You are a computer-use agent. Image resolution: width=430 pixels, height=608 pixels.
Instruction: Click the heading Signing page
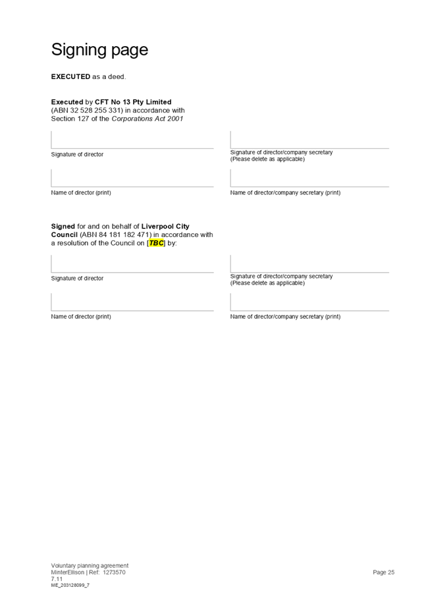pos(99,50)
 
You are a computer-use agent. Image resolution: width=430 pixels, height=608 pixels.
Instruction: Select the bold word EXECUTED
pos(70,77)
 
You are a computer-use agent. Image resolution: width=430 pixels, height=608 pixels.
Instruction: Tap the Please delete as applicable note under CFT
pos(267,159)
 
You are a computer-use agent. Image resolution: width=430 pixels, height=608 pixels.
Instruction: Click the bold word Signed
pos(63,227)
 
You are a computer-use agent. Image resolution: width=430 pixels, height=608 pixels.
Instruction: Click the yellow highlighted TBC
pos(156,243)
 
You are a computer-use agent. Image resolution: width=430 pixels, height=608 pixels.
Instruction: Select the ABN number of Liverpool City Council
pos(114,235)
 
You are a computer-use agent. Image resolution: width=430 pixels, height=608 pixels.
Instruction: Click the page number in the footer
pos(383,572)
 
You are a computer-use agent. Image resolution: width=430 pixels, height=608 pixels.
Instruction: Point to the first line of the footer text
pos(90,565)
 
